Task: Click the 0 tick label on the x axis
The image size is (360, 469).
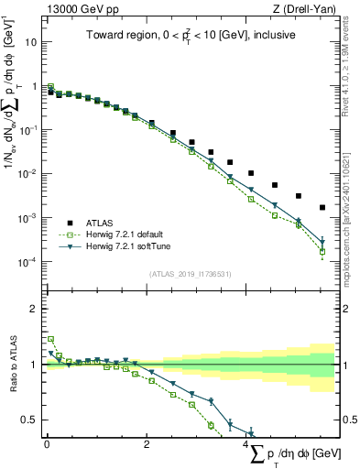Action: pos(46,443)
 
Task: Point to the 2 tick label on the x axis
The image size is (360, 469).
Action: pos(147,443)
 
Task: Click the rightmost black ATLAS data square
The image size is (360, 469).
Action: pos(322,208)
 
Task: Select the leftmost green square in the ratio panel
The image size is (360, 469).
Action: pos(50,339)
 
